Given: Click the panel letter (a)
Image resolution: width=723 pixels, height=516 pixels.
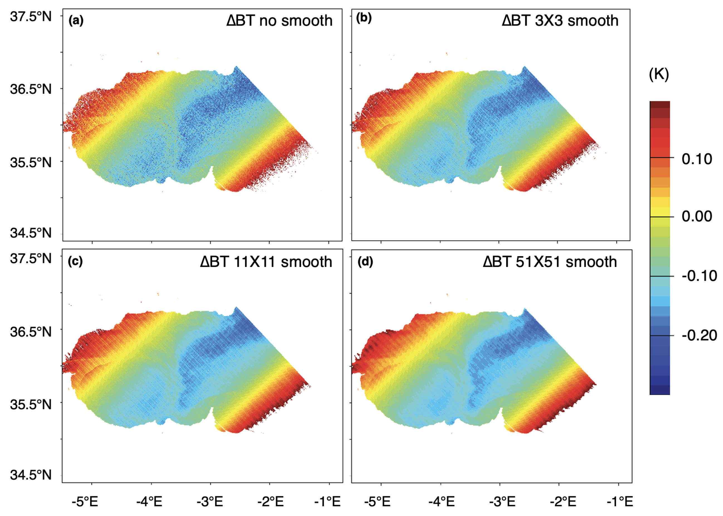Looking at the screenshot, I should [x=76, y=21].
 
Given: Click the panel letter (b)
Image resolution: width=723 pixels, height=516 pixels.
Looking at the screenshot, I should [x=364, y=18].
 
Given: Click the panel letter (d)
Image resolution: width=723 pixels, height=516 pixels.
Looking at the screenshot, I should [x=365, y=262].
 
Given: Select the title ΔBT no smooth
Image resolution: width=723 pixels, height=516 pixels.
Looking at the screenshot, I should [x=279, y=21].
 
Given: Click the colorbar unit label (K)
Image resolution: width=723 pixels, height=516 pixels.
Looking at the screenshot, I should [x=659, y=75].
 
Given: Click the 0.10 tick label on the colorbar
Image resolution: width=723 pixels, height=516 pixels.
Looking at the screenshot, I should [x=697, y=159].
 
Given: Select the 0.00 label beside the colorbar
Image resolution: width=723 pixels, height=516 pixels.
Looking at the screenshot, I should [x=697, y=216].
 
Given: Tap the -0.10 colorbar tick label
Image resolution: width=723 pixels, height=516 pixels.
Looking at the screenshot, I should [x=699, y=276].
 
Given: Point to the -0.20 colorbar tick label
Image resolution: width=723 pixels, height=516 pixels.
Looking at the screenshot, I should [x=699, y=335].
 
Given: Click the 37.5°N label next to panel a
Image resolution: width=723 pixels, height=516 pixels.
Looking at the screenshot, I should [x=31, y=16].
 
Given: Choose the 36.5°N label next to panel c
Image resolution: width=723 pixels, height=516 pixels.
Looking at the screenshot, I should [x=31, y=332].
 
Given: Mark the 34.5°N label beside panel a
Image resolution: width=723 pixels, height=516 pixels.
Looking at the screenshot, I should [x=31, y=233].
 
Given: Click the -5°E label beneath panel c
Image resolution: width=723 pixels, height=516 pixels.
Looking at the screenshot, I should [x=85, y=502].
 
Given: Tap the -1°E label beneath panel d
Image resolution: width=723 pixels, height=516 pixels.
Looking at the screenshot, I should [x=620, y=502].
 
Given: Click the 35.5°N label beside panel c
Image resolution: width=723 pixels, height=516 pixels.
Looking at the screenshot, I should [x=31, y=404].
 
